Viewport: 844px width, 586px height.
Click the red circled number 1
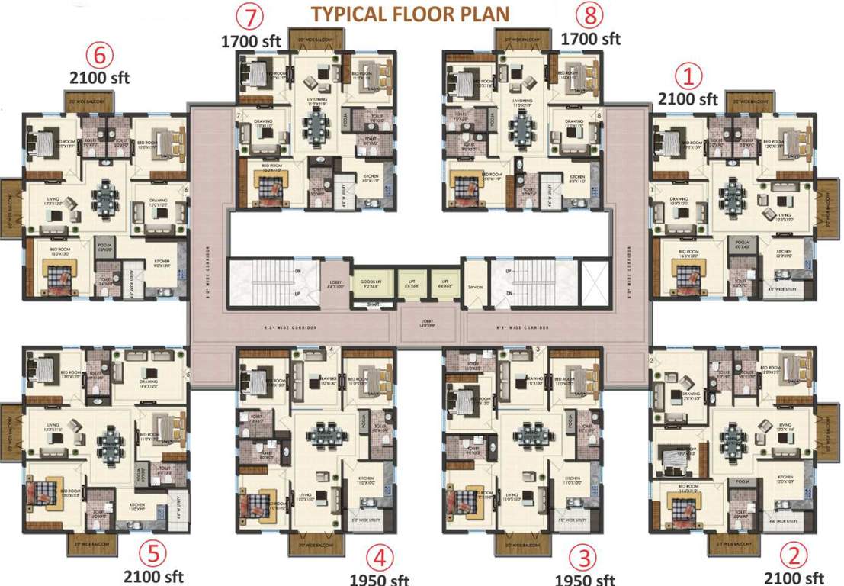coord(691,76)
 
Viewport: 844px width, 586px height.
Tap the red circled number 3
coord(585,555)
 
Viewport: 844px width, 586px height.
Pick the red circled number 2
coord(794,553)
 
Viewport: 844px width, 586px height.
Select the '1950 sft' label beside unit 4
coord(379,579)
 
